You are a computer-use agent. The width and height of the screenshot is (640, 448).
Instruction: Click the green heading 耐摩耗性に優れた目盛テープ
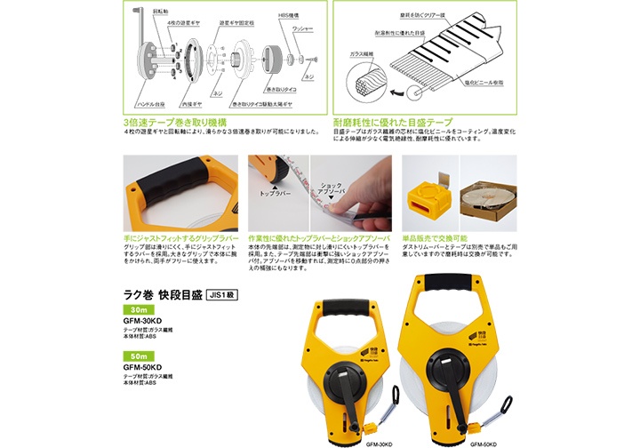click(393, 121)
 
